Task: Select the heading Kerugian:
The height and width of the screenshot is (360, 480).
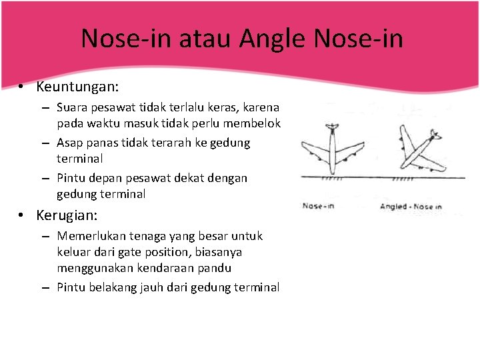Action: [x=67, y=216]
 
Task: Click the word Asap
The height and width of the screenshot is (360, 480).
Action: [x=70, y=143]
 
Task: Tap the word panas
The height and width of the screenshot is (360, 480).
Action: [x=102, y=143]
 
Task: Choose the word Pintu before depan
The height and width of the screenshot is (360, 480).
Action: [x=71, y=178]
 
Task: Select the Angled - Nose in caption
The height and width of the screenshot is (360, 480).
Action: [x=410, y=206]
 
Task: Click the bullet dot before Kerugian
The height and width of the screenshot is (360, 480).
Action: [x=22, y=216]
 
